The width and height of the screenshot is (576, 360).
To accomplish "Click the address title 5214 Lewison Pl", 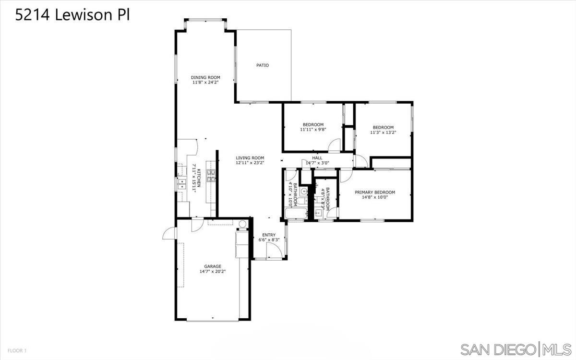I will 72,15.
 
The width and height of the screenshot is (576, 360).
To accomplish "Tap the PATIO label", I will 262,65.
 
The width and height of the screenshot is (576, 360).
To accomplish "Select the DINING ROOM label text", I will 205,77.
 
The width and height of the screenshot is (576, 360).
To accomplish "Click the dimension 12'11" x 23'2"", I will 250,163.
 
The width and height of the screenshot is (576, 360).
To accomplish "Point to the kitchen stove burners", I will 211,176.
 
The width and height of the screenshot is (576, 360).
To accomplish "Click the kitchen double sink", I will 183,182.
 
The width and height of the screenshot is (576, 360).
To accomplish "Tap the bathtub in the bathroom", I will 295,214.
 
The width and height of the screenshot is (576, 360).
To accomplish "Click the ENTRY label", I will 269,235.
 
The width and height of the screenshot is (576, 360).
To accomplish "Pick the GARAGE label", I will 213,266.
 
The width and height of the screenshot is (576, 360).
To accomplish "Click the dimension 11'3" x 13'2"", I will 383,132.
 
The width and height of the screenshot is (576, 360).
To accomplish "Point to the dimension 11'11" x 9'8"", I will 313,130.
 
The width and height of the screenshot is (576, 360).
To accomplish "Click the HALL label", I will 317,157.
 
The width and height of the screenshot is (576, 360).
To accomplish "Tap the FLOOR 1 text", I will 16,351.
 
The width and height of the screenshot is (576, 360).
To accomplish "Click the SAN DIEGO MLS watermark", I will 516,348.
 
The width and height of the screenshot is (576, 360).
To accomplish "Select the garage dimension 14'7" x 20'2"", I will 213,272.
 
